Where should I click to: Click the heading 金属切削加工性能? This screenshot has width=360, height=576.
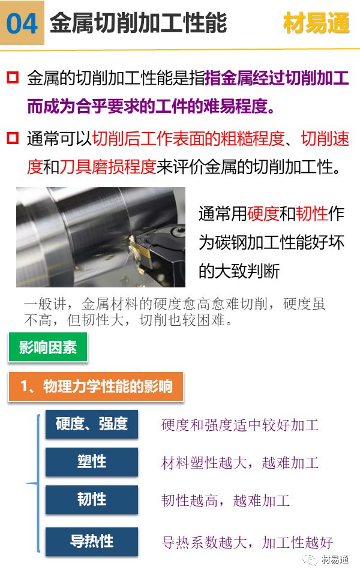138,23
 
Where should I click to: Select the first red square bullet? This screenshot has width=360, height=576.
13,78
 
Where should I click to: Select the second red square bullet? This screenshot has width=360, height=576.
13,139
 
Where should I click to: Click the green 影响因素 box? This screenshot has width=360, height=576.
48,347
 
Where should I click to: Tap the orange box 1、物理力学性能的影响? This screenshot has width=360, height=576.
95,386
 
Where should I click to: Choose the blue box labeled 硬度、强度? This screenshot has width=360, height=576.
92,424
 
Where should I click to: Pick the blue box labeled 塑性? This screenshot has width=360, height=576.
92,461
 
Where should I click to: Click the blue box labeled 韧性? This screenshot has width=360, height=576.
92,499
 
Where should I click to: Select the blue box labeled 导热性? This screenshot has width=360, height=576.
92,541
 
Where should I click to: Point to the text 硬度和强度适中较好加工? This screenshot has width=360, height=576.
240,425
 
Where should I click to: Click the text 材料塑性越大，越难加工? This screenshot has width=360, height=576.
240,463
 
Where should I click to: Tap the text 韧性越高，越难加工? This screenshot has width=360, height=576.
226,500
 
